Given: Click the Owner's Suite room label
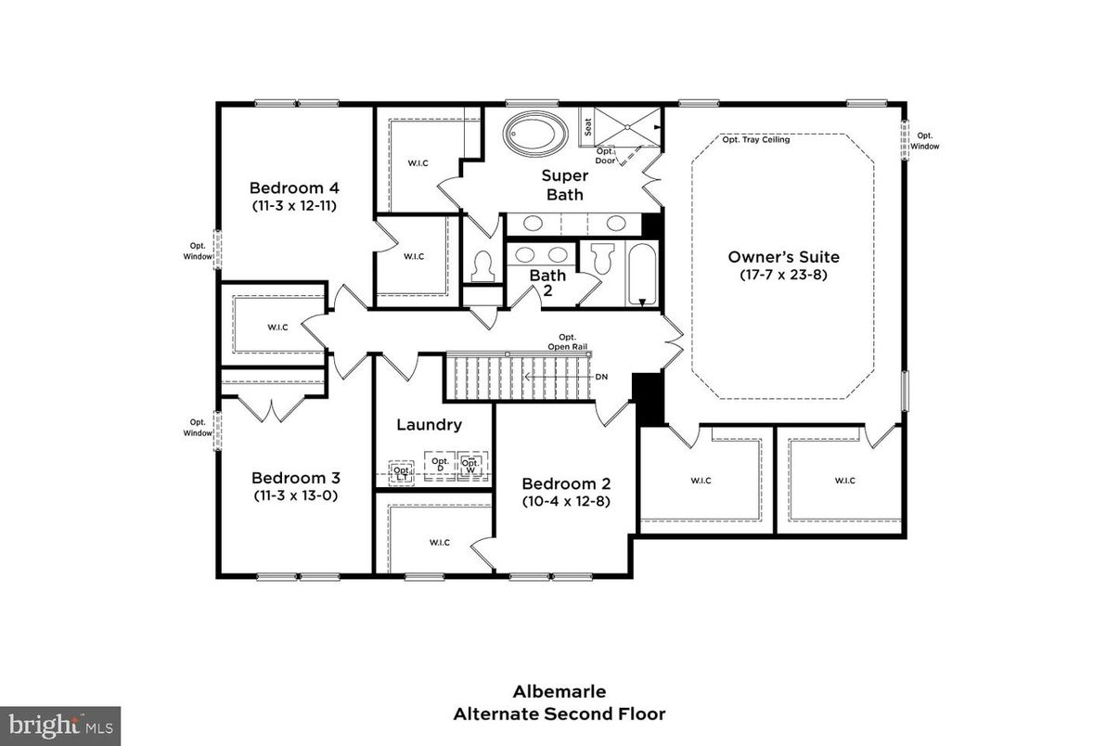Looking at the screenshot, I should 783,257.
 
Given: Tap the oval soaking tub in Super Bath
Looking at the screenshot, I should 536,134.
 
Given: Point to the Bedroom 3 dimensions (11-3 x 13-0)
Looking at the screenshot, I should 295,495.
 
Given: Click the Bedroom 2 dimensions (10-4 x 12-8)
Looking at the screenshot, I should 565,501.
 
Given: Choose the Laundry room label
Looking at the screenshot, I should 429,425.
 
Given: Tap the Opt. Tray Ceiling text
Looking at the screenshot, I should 756,140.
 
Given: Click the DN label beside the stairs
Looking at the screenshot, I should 601,377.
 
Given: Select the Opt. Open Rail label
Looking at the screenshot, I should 566,341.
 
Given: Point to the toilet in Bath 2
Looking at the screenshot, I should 602,258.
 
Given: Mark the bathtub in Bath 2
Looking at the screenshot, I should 642,273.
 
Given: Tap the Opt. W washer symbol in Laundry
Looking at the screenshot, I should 471,465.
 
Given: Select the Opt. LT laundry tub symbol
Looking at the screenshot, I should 402,470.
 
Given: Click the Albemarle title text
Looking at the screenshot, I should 559,691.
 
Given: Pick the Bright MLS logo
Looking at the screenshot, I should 60,725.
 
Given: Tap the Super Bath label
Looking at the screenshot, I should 564,185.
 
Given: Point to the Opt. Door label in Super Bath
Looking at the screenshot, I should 605,155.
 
